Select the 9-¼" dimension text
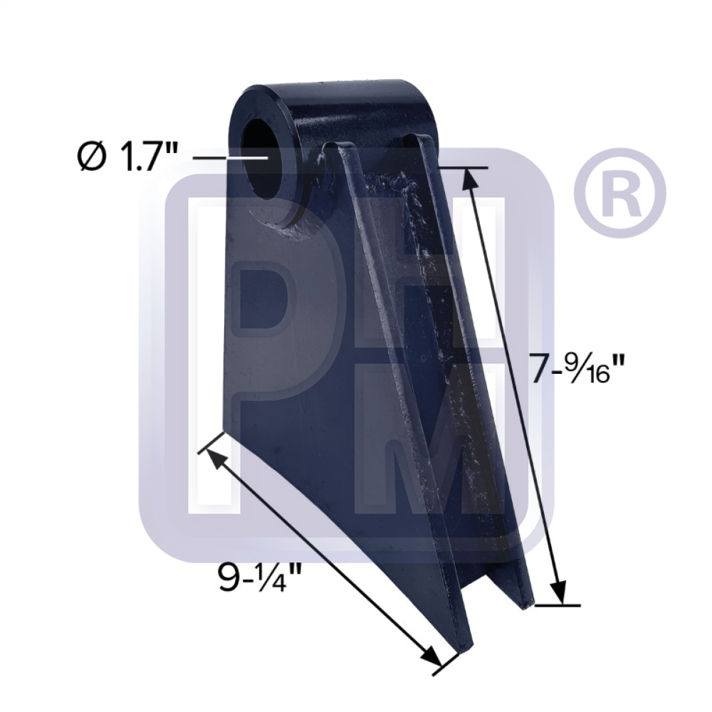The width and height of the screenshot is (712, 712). (257, 577)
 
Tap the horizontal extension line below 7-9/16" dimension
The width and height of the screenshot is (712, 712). (558, 606)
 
